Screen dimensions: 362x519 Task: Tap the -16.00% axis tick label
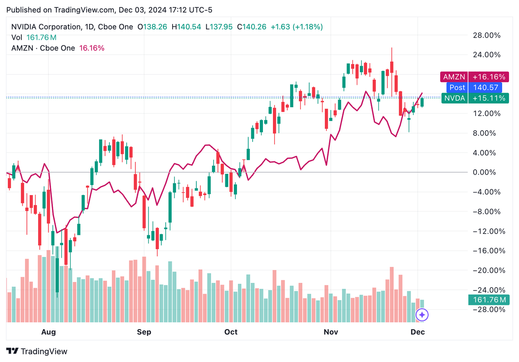pyautogui.click(x=489, y=251)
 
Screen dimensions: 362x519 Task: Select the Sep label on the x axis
pyautogui.click(x=144, y=332)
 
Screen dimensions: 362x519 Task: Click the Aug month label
pyautogui.click(x=48, y=332)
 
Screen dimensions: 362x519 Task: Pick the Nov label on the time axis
pyautogui.click(x=331, y=332)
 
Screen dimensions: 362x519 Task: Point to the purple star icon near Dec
pyautogui.click(x=422, y=315)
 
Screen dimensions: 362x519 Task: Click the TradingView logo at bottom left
pyautogui.click(x=37, y=351)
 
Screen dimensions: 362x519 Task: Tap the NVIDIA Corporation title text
pyautogui.click(x=45, y=27)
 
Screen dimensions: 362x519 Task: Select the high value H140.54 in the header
pyautogui.click(x=186, y=27)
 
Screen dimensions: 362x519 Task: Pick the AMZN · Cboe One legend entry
pyautogui.click(x=43, y=48)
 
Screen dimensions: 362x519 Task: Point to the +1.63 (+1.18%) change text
pyautogui.click(x=297, y=27)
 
